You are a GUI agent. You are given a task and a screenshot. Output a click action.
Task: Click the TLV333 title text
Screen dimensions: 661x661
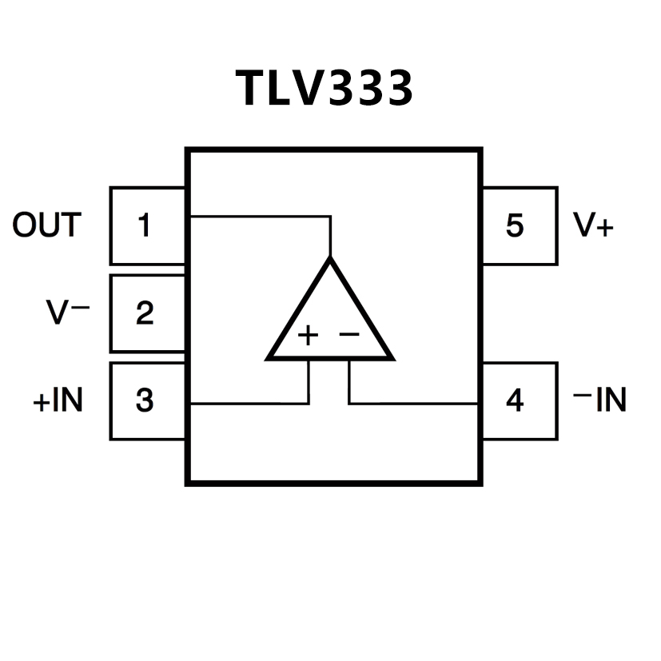pos(325,88)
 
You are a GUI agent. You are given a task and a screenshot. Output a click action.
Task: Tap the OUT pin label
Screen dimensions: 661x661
pos(46,226)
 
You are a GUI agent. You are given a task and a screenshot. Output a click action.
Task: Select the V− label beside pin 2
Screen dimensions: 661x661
pos(68,313)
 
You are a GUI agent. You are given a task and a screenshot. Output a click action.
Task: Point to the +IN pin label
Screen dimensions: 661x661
pos(58,400)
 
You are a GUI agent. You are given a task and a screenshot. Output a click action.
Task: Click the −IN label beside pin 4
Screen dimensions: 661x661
pos(600,400)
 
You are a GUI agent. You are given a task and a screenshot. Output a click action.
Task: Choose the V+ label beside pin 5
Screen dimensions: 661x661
pos(593,226)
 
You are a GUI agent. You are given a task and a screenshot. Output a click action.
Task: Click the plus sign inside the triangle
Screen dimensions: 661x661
pos(308,335)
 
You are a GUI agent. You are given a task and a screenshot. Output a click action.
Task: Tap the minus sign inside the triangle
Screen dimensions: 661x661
pos(350,333)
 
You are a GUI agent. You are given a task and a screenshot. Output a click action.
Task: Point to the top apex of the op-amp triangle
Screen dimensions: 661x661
pos(330,260)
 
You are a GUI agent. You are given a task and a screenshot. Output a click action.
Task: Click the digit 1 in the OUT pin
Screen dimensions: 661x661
pos(144,226)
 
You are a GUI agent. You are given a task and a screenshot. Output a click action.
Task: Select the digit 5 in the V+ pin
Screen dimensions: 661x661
pos(515,226)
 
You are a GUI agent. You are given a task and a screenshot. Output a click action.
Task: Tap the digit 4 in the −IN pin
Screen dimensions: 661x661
pos(515,400)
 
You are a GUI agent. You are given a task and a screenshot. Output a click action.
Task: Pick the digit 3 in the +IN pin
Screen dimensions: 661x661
pos(144,400)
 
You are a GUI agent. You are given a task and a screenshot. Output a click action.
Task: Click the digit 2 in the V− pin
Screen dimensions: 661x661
pos(144,313)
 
